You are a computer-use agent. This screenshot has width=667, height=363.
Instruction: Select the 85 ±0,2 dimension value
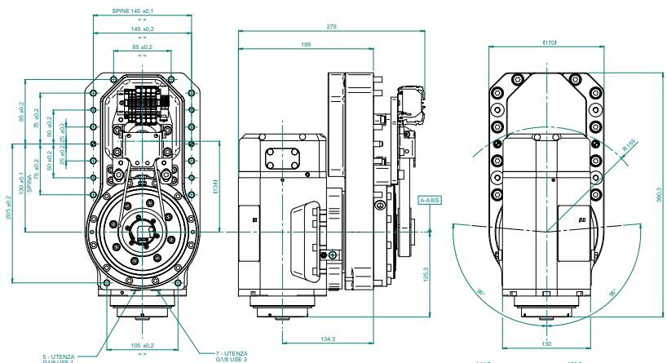coord(142,47)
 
